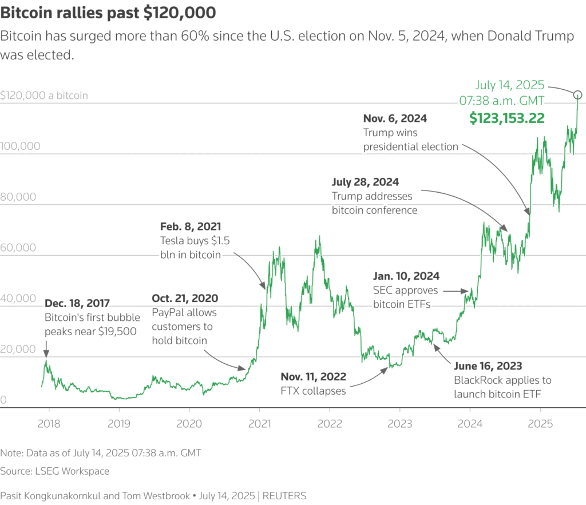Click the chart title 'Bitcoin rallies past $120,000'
[x=109, y=13]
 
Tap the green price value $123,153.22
[x=506, y=118]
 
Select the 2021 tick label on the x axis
[x=259, y=424]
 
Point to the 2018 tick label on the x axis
[x=48, y=424]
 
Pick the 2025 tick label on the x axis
[x=541, y=424]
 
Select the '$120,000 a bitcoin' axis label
[x=44, y=96]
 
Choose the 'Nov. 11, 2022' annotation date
[x=313, y=377]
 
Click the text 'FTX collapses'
[x=313, y=391]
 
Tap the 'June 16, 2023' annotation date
[x=488, y=366]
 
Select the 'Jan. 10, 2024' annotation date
[x=406, y=276]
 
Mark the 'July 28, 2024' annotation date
[x=365, y=182]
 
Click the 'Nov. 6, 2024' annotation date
[x=395, y=119]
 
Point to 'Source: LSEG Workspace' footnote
[x=54, y=471]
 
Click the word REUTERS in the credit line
[x=284, y=496]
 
